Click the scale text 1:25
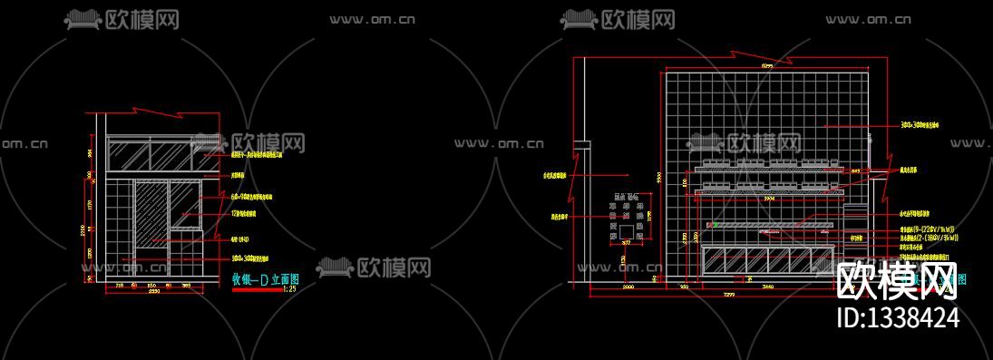[x=290, y=289]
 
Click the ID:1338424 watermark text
[x=896, y=317]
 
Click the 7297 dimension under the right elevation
[x=728, y=295]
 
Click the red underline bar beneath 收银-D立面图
[x=257, y=288]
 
